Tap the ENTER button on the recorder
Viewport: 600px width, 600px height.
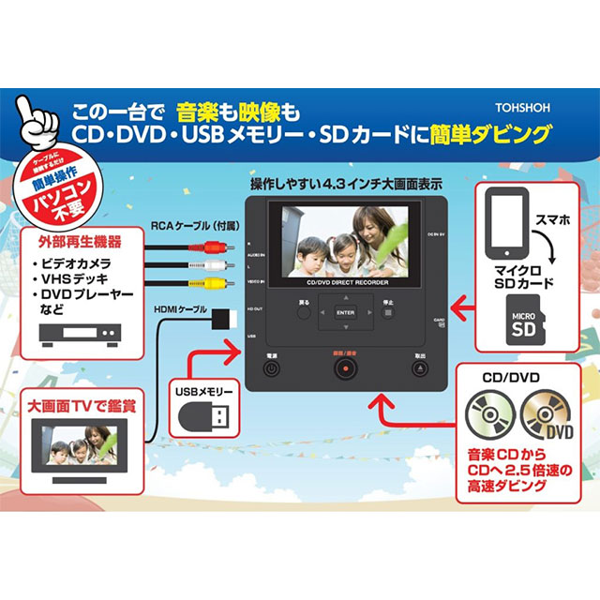coord(346,311)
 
